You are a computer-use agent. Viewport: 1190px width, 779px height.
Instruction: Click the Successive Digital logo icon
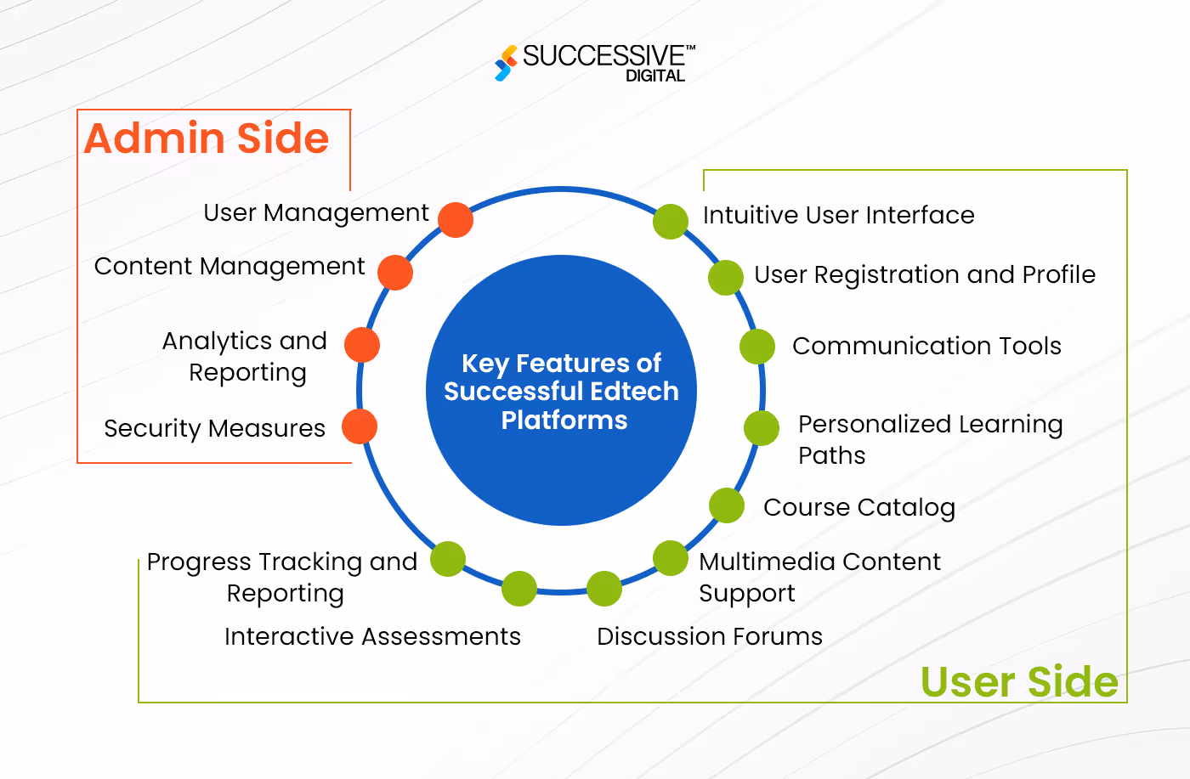pos(506,64)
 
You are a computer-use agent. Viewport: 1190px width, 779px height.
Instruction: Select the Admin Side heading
pos(207,138)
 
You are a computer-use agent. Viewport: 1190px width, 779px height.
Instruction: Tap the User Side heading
pos(1019,681)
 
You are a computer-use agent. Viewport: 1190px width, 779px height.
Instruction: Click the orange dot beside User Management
pos(456,220)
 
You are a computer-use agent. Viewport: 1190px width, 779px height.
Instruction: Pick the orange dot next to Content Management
pos(395,273)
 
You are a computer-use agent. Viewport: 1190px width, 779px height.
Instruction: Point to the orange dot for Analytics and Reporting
pos(362,345)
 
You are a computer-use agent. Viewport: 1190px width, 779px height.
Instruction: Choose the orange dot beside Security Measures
pos(360,426)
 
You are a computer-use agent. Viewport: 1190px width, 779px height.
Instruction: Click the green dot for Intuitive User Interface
pos(671,222)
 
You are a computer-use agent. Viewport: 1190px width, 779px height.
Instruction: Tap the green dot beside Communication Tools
pos(757,347)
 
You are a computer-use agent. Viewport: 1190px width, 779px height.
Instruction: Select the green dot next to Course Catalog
pos(727,505)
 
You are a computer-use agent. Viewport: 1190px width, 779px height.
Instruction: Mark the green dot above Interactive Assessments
pos(519,589)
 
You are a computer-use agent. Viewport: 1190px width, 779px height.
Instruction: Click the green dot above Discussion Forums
pos(604,589)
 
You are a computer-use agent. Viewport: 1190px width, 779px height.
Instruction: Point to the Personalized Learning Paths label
pos(930,439)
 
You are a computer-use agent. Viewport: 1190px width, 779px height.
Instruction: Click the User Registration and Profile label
pos(925,275)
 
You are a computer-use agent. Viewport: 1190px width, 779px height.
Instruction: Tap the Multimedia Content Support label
pos(819,577)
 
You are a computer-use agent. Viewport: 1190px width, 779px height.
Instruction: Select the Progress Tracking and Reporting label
pos(282,577)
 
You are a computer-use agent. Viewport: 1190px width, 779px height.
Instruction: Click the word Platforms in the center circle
pos(564,421)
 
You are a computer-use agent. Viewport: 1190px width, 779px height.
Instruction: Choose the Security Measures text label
pos(215,428)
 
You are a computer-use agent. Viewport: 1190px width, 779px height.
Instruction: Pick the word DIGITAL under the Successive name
pos(655,76)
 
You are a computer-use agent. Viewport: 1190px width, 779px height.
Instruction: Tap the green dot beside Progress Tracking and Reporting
pos(448,559)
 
